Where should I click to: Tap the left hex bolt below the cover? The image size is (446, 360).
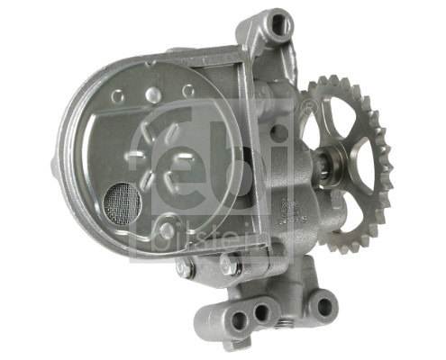pyautogui.click(x=187, y=268)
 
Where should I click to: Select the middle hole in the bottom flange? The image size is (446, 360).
pyautogui.click(x=262, y=311)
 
